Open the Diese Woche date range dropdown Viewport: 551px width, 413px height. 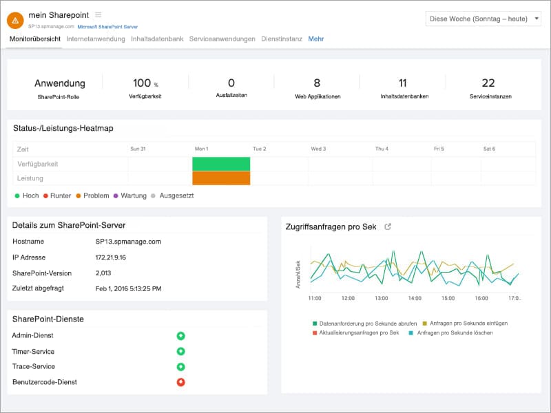pyautogui.click(x=484, y=19)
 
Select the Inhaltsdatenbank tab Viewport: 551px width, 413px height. pyautogui.click(x=157, y=39)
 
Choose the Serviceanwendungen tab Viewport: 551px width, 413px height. pyautogui.click(x=222, y=39)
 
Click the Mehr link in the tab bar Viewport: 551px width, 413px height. pyautogui.click(x=316, y=39)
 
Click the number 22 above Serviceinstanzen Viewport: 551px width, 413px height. pyautogui.click(x=488, y=83)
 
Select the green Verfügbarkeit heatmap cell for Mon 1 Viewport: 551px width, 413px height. pyautogui.click(x=221, y=164)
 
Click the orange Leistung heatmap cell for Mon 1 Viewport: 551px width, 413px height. pyautogui.click(x=221, y=178)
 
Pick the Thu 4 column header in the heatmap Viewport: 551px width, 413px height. pyautogui.click(x=382, y=149)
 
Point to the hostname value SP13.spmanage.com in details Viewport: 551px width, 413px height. pyautogui.click(x=128, y=242)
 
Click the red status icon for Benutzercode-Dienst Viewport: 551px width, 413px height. pyautogui.click(x=180, y=382)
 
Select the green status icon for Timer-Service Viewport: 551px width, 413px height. pyautogui.click(x=180, y=352)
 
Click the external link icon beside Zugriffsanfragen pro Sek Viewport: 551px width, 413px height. pyautogui.click(x=388, y=226)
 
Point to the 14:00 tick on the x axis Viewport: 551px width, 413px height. pyautogui.click(x=415, y=299)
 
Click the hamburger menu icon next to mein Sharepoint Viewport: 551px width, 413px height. pyautogui.click(x=98, y=14)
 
